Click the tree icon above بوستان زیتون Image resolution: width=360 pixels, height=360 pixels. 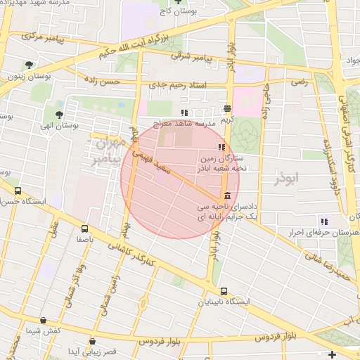tap(28, 65)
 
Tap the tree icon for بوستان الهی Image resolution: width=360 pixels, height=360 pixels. tap(58, 115)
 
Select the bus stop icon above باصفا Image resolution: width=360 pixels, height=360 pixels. tap(85, 229)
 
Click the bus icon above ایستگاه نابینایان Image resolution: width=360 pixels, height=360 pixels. tap(224, 291)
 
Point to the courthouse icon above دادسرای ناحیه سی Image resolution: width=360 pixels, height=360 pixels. tap(226, 196)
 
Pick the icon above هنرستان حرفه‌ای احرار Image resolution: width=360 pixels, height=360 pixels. tap(324, 221)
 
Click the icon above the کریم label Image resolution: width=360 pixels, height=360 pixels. tap(227, 109)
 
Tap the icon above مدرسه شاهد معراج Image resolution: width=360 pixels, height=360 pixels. tap(184, 112)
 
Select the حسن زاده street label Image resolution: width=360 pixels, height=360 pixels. tap(103, 82)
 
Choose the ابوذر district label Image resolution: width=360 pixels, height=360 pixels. tap(288, 179)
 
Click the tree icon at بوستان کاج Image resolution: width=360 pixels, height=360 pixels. tap(179, 1)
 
